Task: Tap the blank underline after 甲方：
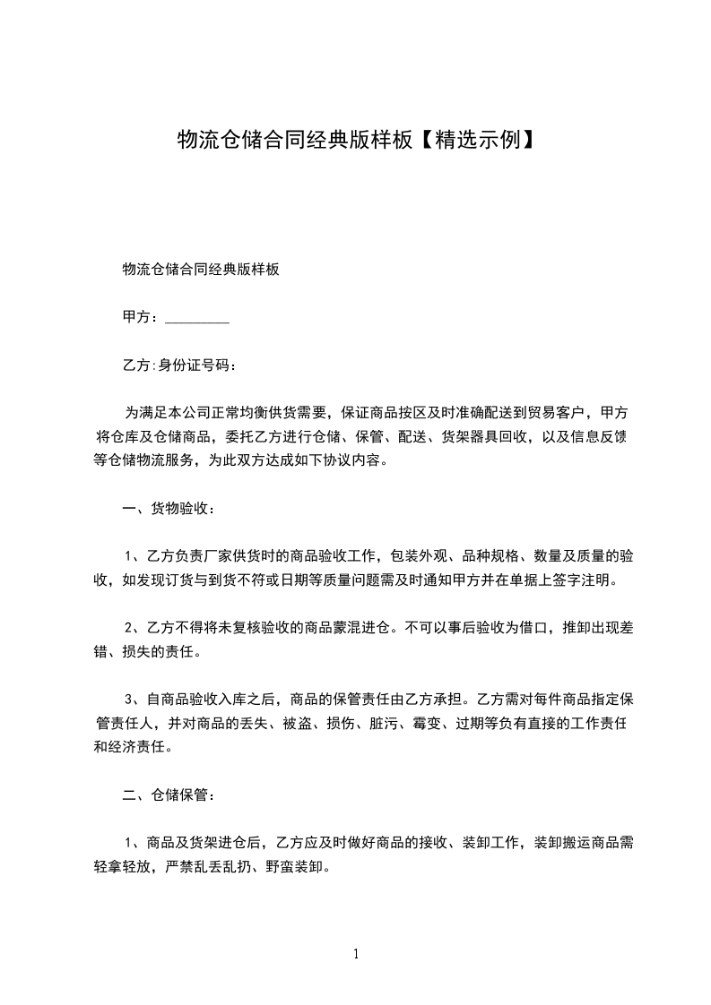pyautogui.click(x=197, y=317)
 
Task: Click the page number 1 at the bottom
pyautogui.click(x=356, y=954)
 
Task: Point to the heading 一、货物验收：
pyautogui.click(x=169, y=509)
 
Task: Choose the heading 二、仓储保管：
pyautogui.click(x=169, y=794)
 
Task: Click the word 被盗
pyautogui.click(x=302, y=723)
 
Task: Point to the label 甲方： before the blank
pyautogui.click(x=142, y=317)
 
